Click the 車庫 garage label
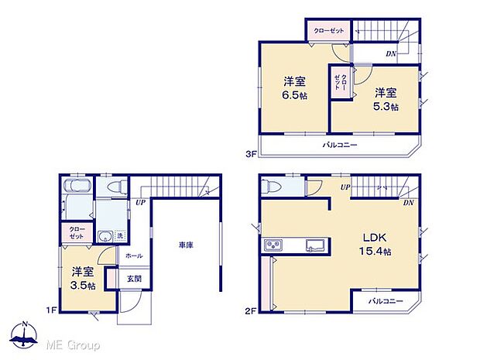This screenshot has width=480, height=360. [185, 245]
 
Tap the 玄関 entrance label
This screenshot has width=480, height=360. [133, 279]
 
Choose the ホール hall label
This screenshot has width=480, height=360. [134, 255]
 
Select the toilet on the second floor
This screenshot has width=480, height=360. [269, 187]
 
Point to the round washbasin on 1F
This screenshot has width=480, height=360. [104, 238]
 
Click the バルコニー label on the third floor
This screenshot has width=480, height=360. [340, 146]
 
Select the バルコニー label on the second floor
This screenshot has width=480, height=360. [385, 300]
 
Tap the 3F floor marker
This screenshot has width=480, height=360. [251, 154]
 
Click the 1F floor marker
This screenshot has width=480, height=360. [50, 310]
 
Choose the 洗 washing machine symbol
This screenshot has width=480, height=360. [120, 235]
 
